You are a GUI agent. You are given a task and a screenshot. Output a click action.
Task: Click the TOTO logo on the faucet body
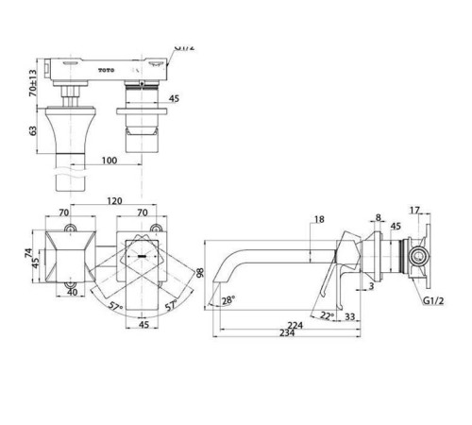[x=107, y=70]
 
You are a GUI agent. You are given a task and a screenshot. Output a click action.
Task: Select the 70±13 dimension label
[x=33, y=83]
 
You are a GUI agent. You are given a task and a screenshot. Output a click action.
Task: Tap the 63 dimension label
[x=33, y=130]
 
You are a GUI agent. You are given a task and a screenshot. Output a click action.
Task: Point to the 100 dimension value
[x=110, y=161]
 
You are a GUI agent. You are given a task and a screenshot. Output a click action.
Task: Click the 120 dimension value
[x=114, y=201]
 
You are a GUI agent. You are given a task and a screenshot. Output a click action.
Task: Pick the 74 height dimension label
[x=28, y=253]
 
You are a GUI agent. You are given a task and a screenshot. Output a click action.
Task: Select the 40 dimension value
[x=73, y=292]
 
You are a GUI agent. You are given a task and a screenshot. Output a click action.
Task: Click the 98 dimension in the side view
[x=199, y=273]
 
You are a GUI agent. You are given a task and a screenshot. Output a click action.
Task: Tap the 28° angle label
[x=228, y=300]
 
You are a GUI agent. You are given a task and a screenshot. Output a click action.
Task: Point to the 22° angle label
[x=328, y=314]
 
